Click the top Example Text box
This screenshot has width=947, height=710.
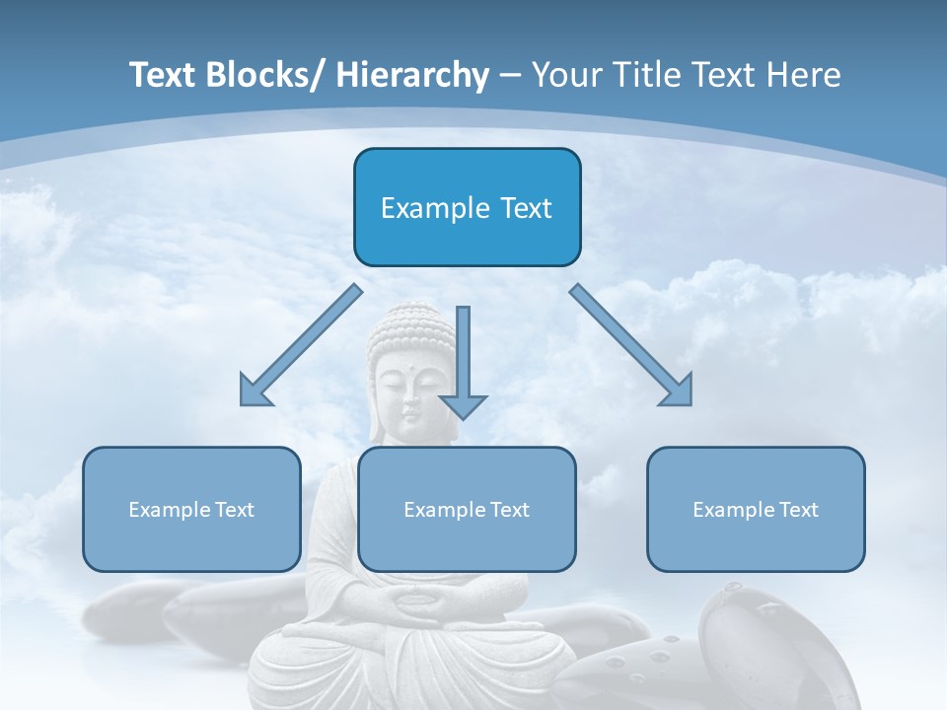pos(467,207)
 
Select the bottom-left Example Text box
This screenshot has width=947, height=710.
pos(191,509)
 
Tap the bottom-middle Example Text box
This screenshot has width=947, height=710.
pos(467,509)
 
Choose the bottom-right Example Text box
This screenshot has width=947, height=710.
pos(756,509)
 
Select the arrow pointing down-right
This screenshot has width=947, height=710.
pos(632,346)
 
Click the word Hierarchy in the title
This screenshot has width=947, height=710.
pos(412,76)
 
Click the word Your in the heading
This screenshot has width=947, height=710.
pos(562,76)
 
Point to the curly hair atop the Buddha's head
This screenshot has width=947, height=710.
pos(410,330)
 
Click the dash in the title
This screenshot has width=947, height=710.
pos(510,76)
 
